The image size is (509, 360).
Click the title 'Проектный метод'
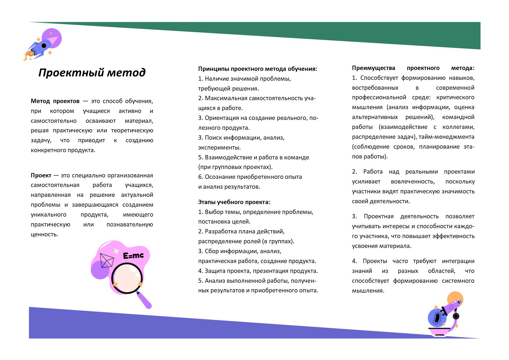click(x=92, y=73)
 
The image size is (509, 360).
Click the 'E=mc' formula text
click(x=133, y=255)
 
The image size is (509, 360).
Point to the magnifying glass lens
click(x=127, y=277)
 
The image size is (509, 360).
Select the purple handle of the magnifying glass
click(x=145, y=300)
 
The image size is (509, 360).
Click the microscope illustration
click(x=444, y=316)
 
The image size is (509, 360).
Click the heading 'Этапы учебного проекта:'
click(x=234, y=202)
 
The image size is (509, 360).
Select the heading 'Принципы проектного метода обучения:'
click(x=257, y=69)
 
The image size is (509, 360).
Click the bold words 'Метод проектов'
click(x=55, y=101)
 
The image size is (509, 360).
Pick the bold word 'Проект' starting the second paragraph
click(x=41, y=175)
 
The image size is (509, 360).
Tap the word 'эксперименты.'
click(x=219, y=147)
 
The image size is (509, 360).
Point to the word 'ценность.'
click(x=44, y=234)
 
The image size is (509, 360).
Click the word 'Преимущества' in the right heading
click(x=373, y=68)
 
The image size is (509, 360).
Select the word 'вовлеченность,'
click(x=413, y=181)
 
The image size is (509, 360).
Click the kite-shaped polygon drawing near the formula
click(x=106, y=260)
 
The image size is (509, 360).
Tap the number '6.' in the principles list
click(x=201, y=177)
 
